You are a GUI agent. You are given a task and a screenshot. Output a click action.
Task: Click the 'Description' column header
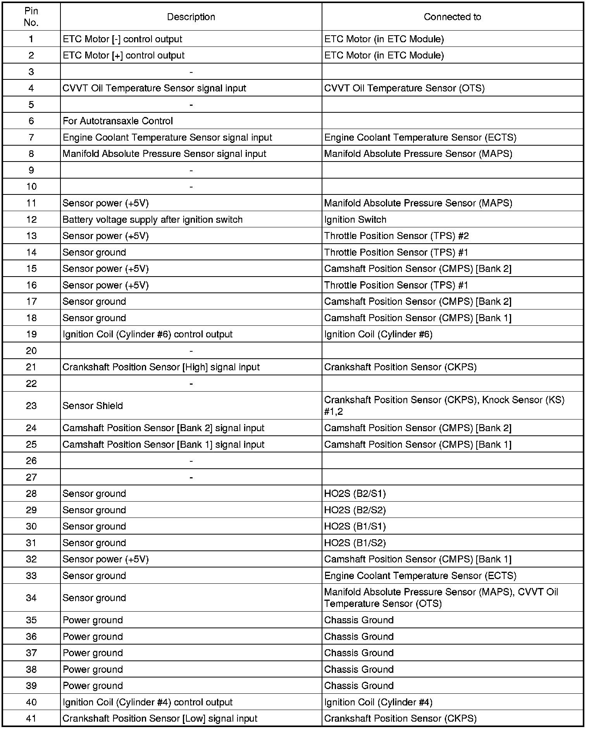click(191, 17)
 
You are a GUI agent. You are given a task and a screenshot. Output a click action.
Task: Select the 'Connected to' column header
click(452, 17)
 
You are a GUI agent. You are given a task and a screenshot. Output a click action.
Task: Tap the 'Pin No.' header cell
click(31, 17)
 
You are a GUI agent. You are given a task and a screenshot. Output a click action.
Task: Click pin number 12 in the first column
click(31, 220)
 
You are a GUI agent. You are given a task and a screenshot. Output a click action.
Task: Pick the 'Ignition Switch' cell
click(355, 220)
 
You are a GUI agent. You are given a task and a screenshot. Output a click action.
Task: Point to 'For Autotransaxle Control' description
click(117, 121)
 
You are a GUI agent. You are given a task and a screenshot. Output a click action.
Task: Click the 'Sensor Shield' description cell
click(93, 406)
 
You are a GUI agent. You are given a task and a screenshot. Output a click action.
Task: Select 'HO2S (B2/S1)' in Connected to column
click(355, 493)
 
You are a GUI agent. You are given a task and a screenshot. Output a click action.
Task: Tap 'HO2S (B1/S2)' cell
click(355, 543)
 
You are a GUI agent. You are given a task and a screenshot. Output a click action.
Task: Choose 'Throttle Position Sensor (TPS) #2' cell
click(396, 236)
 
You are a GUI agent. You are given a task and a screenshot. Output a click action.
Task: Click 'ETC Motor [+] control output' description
click(124, 55)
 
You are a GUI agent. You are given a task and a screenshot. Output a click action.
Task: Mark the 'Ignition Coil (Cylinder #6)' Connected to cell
click(378, 334)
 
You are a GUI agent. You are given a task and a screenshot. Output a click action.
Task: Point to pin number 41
click(31, 719)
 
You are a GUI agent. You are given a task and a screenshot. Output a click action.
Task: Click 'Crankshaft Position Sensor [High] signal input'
click(161, 367)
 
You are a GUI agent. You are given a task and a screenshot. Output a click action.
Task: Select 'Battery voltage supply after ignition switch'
click(152, 220)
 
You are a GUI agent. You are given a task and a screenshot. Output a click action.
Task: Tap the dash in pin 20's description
click(191, 351)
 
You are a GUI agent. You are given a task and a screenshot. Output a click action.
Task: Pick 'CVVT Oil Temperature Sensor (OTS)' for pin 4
click(404, 88)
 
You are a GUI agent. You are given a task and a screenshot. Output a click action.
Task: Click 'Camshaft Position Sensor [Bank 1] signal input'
click(163, 444)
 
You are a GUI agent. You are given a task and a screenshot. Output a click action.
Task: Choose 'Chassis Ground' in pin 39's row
click(359, 686)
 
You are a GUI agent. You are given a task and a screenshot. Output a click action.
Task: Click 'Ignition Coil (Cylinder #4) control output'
click(147, 702)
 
